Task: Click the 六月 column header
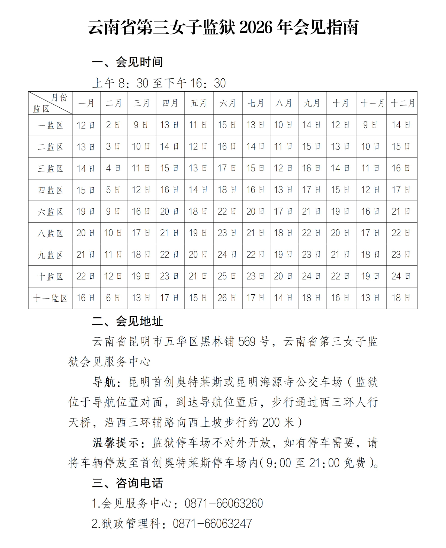click(228, 103)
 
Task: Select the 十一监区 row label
click(50, 298)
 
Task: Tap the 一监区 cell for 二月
click(114, 125)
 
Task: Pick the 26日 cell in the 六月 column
click(228, 298)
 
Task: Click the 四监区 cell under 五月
click(199, 190)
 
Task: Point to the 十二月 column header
click(402, 103)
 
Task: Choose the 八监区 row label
click(50, 233)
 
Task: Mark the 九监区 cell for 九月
click(312, 255)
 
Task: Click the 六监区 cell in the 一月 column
click(86, 211)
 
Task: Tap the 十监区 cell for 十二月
click(401, 276)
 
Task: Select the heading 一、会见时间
click(128, 62)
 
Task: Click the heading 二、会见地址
click(128, 321)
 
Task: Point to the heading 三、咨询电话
click(128, 483)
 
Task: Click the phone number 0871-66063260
click(224, 503)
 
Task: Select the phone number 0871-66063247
click(212, 524)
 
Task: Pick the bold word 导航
click(104, 382)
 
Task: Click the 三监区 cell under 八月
click(284, 168)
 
